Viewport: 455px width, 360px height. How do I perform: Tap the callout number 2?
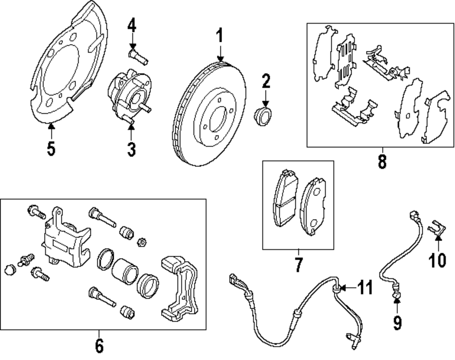click(266, 83)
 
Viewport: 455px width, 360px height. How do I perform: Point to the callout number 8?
click(382, 161)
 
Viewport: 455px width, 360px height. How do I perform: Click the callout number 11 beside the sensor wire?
click(364, 288)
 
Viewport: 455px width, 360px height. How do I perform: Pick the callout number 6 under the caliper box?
click(99, 345)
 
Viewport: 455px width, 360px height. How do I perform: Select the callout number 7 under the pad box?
click(298, 265)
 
